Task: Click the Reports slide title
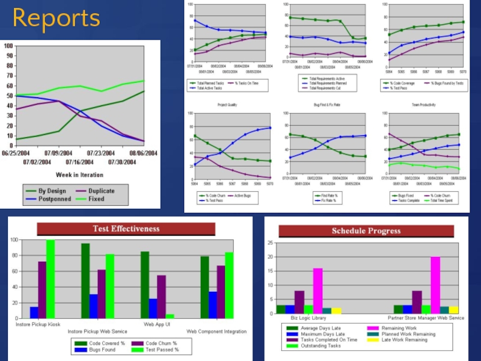pos(56,19)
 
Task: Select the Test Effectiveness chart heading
pos(126,229)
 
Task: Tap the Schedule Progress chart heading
pos(366,231)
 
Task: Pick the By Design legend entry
pos(51,191)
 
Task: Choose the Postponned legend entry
pos(55,199)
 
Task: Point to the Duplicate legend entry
pos(101,191)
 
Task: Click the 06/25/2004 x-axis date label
pos(13,153)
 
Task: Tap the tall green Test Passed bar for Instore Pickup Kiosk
pos(51,279)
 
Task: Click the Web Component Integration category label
pos(216,332)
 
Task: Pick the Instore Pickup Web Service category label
pos(97,332)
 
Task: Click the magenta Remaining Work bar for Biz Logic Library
pos(317,291)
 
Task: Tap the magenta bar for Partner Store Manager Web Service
pos(435,286)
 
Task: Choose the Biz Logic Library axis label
pos(308,318)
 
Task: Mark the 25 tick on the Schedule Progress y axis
pos(271,244)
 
